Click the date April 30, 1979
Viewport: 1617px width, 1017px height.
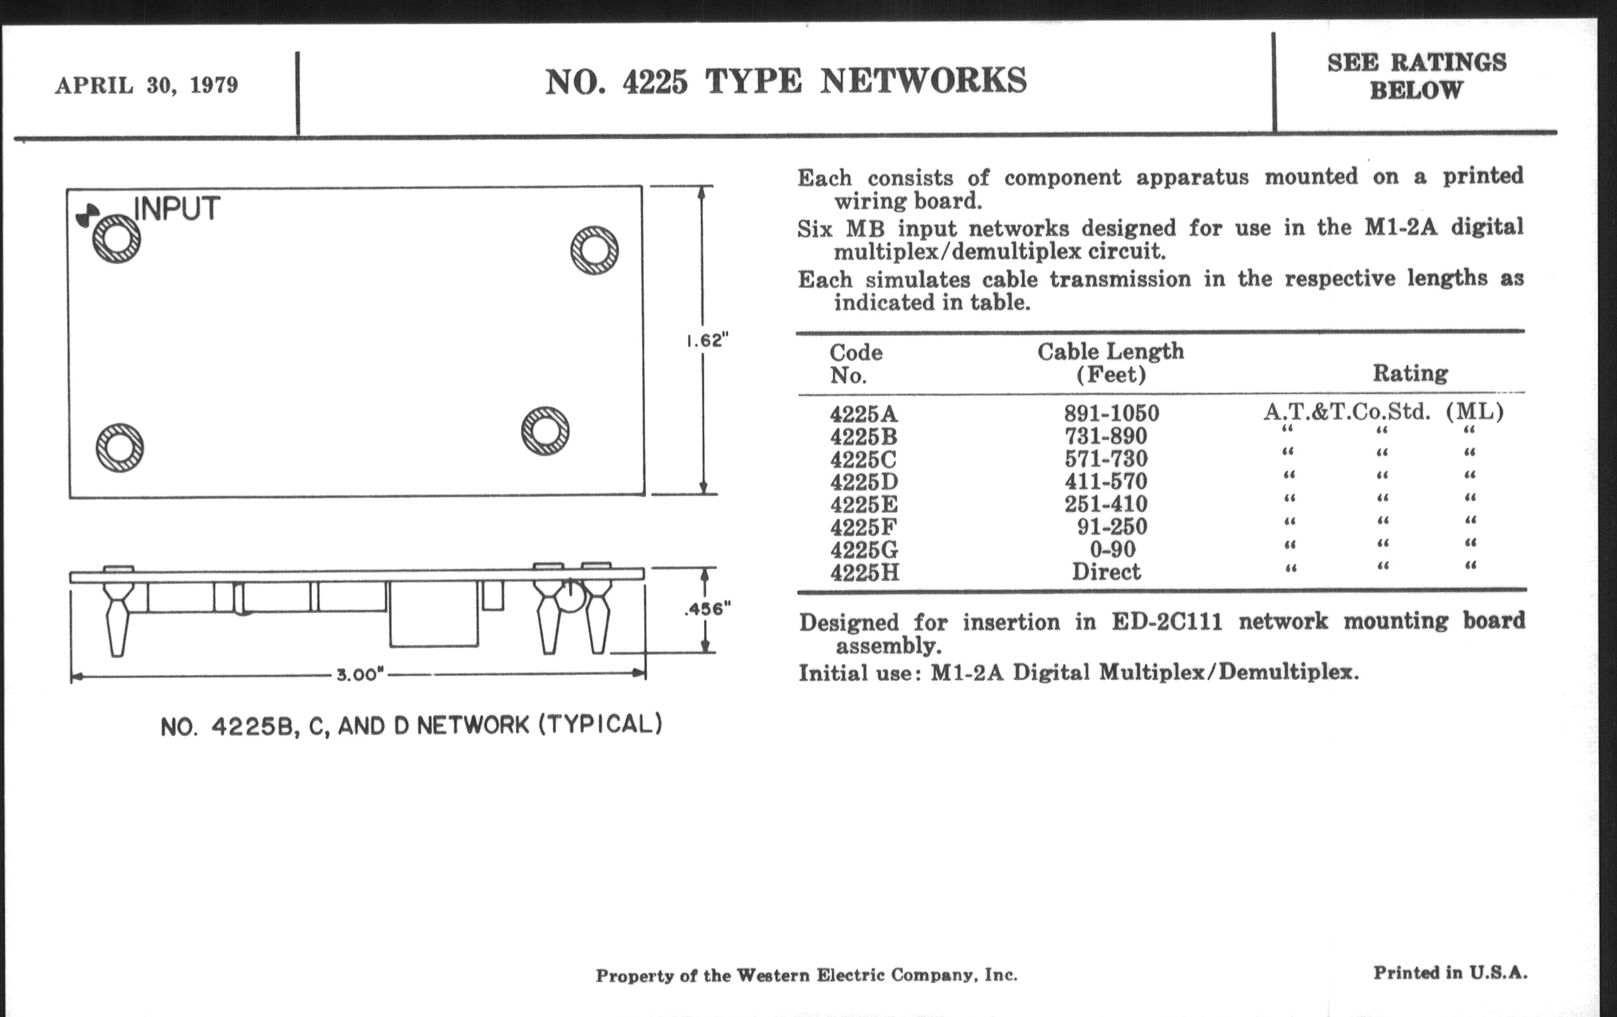(146, 85)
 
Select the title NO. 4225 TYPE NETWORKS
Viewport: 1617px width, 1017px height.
(786, 81)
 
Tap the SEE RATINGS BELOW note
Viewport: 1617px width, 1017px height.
(1417, 76)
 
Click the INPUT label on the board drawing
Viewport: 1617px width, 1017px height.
(178, 209)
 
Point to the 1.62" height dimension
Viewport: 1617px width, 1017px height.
(706, 340)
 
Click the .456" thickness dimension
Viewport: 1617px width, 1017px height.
(707, 609)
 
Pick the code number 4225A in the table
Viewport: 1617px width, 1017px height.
(864, 413)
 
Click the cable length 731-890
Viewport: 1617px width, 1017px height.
(1106, 436)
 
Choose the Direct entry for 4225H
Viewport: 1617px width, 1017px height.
(1106, 572)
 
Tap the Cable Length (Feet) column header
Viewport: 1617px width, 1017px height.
(1110, 362)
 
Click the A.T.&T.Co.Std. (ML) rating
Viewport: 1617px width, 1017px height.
(1384, 411)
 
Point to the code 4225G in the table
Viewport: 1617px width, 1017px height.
(864, 550)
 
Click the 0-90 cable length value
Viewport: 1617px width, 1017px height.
(1112, 549)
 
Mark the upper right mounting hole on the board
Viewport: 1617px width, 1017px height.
(594, 250)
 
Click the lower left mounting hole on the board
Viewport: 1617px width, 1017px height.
(120, 448)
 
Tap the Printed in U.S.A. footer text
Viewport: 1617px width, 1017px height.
(1450, 972)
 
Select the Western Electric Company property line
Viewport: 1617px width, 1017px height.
(807, 974)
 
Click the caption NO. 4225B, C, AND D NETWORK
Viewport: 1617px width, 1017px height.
(411, 726)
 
